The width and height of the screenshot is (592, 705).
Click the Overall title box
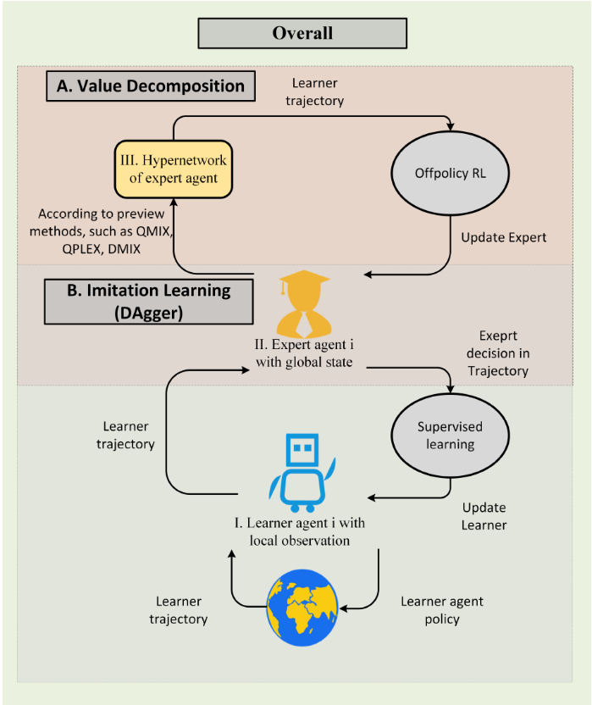pyautogui.click(x=302, y=34)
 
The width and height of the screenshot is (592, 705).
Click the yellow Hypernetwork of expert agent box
pyautogui.click(x=173, y=171)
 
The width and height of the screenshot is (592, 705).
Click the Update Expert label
pyautogui.click(x=504, y=237)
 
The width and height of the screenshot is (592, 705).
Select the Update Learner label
pyautogui.click(x=484, y=516)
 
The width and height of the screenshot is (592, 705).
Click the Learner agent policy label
pyautogui.click(x=441, y=610)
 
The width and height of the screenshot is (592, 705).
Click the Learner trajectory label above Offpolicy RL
pyautogui.click(x=318, y=92)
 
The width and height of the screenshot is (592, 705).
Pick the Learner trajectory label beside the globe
pyautogui.click(x=179, y=610)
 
